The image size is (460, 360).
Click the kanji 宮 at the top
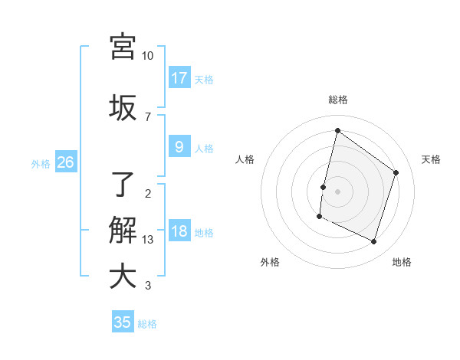tap(122, 46)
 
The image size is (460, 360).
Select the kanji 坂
tap(122, 106)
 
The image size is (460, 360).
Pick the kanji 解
tap(122, 229)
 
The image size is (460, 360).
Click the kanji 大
tap(122, 276)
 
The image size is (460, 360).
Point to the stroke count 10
tap(147, 56)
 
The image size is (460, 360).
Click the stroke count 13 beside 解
tap(149, 240)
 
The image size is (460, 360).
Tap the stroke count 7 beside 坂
tap(147, 116)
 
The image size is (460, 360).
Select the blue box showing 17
tap(179, 77)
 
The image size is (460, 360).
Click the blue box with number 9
tap(179, 147)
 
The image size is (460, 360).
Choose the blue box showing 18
tap(179, 231)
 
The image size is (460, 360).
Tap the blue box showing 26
tap(65, 162)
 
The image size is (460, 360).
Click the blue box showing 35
tap(123, 322)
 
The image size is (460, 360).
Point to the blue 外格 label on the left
tap(41, 163)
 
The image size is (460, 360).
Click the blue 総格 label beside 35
tap(147, 324)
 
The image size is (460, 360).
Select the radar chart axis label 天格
tap(431, 159)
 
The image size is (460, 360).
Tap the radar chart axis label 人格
tap(245, 159)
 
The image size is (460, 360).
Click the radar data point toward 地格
tap(373, 242)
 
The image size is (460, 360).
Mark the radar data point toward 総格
tap(337, 131)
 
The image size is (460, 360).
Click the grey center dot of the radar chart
tap(337, 191)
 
